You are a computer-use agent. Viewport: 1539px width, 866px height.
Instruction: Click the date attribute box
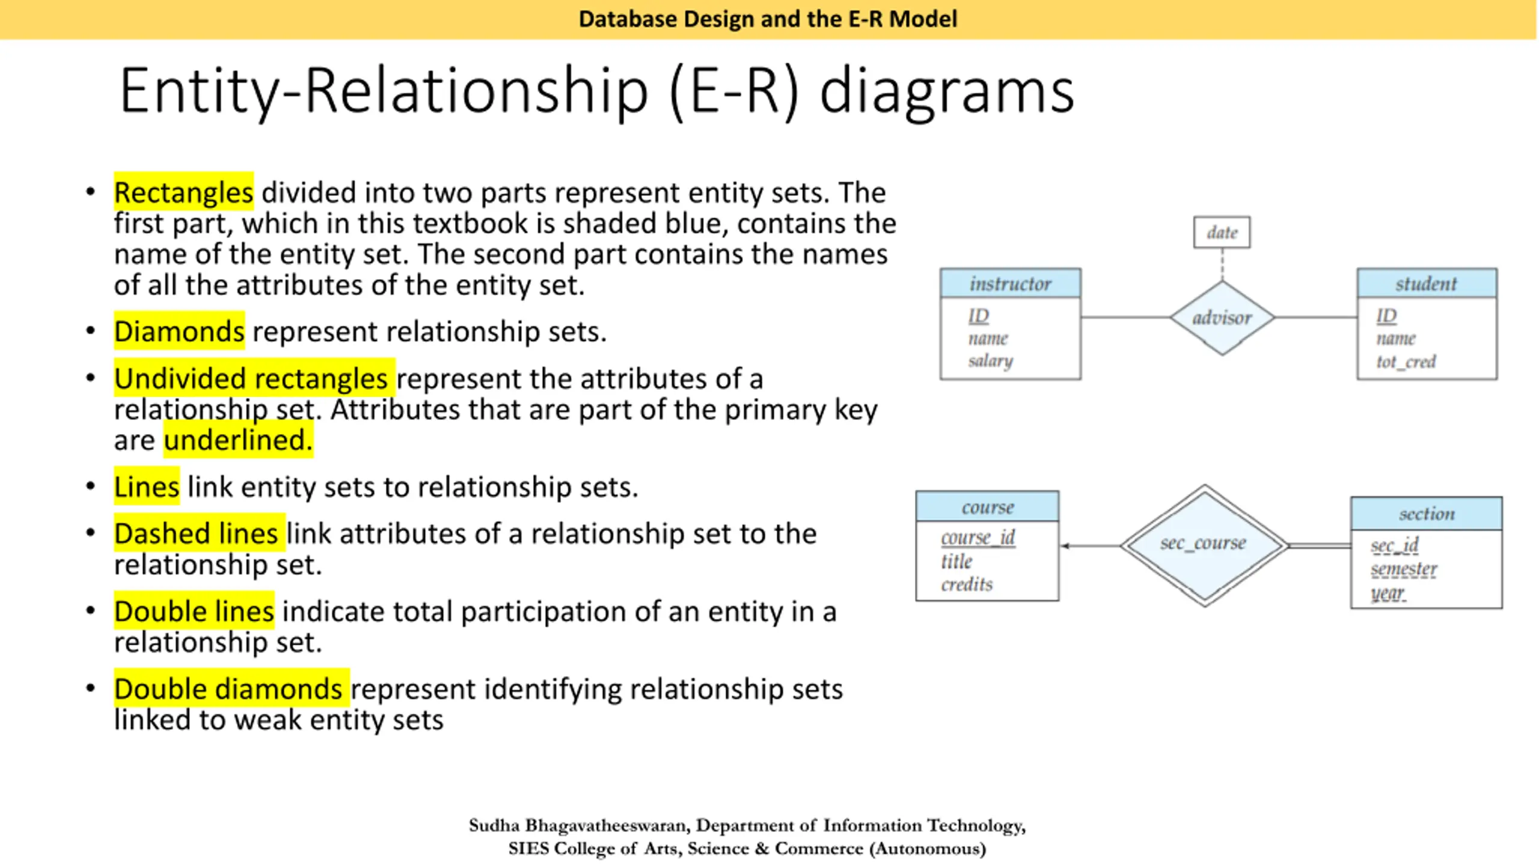pyautogui.click(x=1222, y=232)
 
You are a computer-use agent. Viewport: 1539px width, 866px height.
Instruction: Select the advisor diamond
pyautogui.click(x=1222, y=318)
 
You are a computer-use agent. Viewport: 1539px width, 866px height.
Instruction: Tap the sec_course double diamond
pyautogui.click(x=1204, y=545)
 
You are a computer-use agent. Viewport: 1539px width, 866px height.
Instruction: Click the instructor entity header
pyautogui.click(x=1010, y=283)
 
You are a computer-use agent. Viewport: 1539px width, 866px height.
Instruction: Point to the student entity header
pyautogui.click(x=1426, y=283)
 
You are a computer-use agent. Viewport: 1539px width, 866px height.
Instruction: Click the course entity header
pyautogui.click(x=987, y=507)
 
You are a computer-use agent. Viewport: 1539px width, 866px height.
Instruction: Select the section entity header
pyautogui.click(x=1426, y=514)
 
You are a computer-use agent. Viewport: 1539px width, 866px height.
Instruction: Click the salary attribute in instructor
pyautogui.click(x=990, y=361)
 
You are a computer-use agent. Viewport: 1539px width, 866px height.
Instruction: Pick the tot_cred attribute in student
pyautogui.click(x=1406, y=361)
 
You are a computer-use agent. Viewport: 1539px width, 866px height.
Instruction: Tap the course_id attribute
pyautogui.click(x=978, y=537)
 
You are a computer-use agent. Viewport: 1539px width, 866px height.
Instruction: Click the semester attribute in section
pyautogui.click(x=1403, y=569)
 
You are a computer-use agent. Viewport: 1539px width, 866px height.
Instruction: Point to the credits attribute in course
pyautogui.click(x=967, y=584)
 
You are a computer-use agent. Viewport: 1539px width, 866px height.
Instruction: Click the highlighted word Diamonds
pyautogui.click(x=179, y=331)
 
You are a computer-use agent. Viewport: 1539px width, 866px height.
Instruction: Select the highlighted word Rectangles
pyautogui.click(x=183, y=192)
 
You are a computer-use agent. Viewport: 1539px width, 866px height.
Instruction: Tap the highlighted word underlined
pyautogui.click(x=238, y=440)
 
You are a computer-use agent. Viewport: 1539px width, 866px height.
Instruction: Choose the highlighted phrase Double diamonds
pyautogui.click(x=228, y=689)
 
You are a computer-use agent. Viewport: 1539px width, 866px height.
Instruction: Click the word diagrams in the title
pyautogui.click(x=946, y=91)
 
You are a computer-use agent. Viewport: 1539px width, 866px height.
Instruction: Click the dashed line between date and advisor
pyautogui.click(x=1222, y=264)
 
